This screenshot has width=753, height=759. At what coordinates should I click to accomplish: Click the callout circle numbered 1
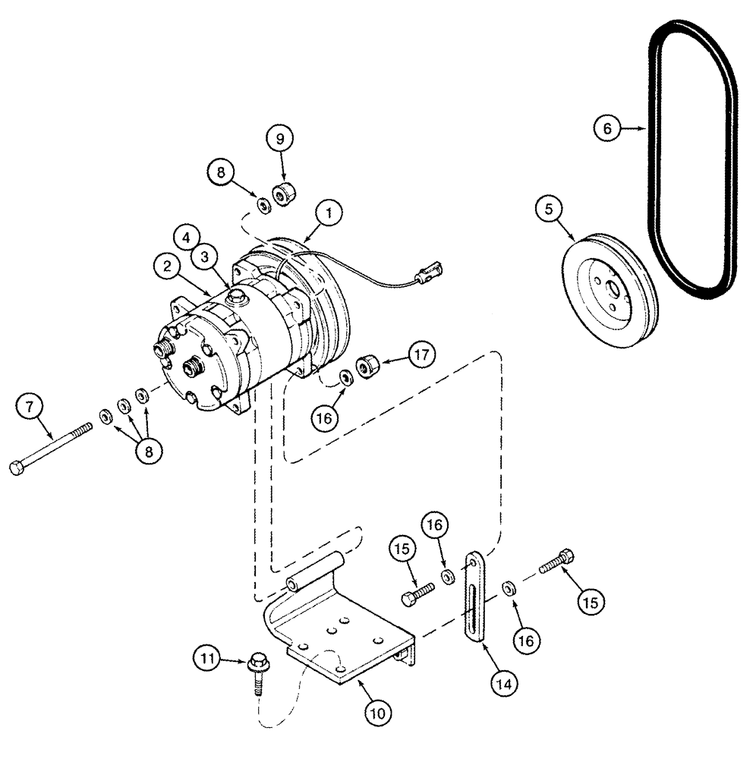pyautogui.click(x=328, y=215)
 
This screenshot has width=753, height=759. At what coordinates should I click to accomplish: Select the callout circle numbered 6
pyautogui.click(x=606, y=129)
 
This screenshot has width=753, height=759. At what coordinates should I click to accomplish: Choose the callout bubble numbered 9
pyautogui.click(x=279, y=140)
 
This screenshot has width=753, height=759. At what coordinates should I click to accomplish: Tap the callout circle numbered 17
pyautogui.click(x=421, y=354)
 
